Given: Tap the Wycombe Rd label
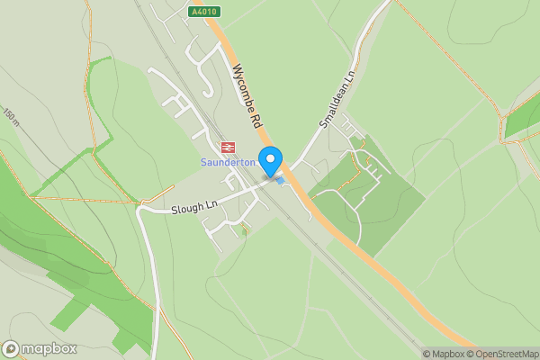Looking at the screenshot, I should click(x=246, y=94).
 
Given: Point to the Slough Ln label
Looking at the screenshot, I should click(x=194, y=207).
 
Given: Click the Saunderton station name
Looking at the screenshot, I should click(x=227, y=162).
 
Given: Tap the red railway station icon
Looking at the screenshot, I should click(x=227, y=147).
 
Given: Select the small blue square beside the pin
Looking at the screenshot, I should click(x=280, y=181).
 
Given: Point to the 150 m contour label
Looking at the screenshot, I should click(x=11, y=116).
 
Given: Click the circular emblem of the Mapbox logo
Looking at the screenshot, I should click(x=11, y=349).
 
